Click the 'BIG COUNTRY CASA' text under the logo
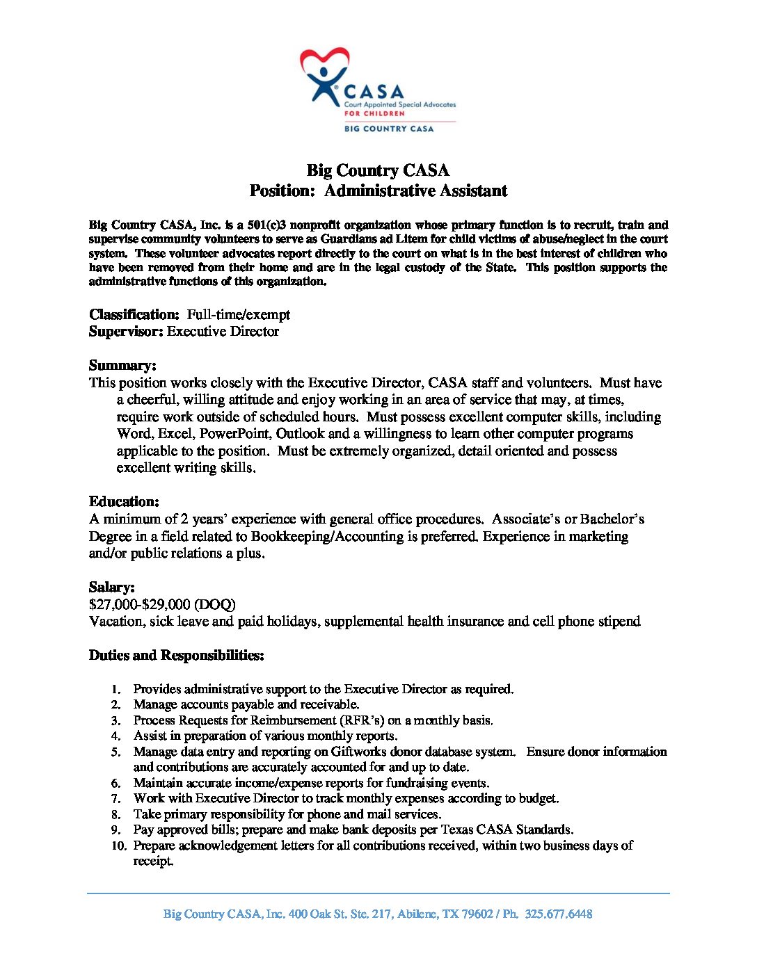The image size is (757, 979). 389,129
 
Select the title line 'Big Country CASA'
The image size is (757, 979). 378,170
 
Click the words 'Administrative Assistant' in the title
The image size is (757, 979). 415,191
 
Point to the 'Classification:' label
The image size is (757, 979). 134,315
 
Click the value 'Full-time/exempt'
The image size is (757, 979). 238,315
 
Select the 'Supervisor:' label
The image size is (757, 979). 126,332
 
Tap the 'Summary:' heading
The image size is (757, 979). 122,366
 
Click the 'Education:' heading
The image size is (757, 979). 124,502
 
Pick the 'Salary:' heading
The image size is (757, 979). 112,588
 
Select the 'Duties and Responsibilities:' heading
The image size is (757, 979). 176,656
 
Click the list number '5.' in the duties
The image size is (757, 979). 116,752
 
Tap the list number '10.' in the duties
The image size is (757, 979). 119,846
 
